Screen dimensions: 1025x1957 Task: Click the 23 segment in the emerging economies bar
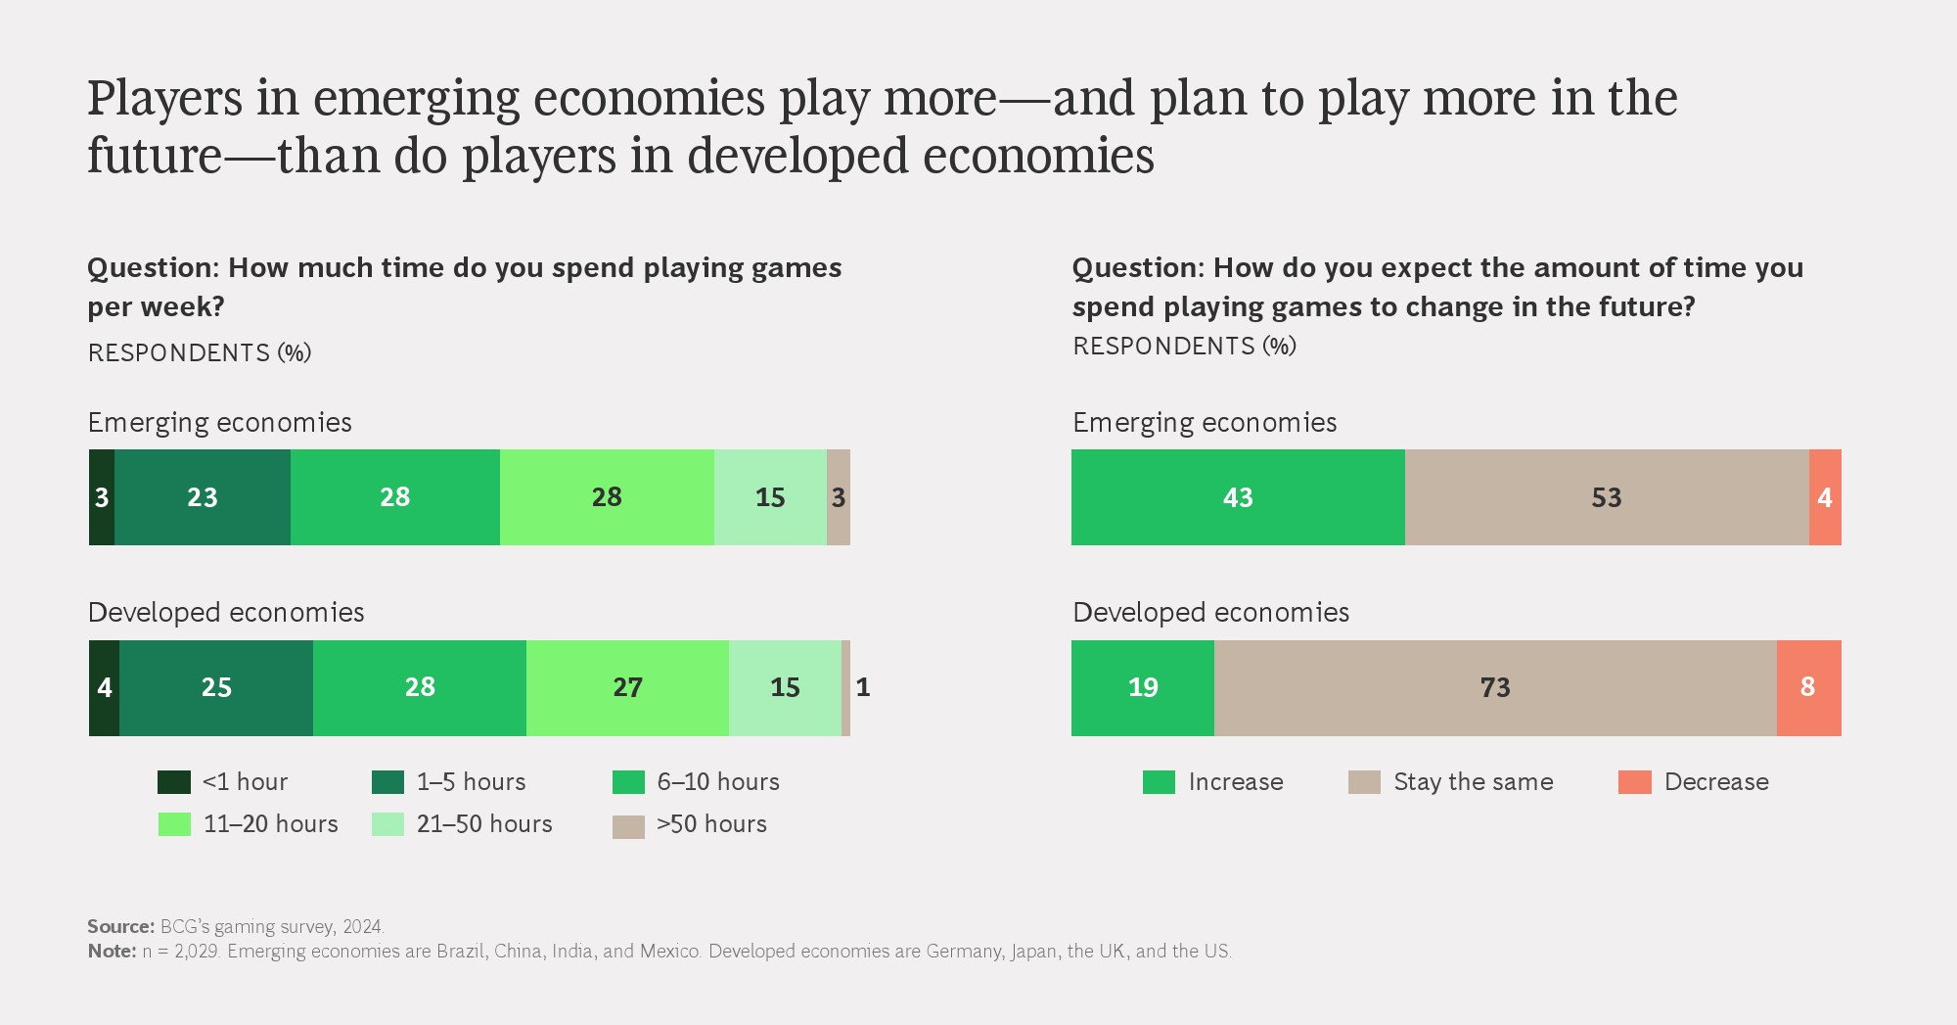203,497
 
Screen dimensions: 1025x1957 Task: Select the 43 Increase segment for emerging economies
1238,497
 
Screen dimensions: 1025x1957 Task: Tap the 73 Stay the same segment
1495,687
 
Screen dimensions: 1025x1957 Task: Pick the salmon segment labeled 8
1808,687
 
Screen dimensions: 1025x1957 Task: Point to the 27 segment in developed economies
627,687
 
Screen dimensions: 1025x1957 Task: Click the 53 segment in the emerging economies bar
1607,497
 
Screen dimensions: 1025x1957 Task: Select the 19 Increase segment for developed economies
1143,687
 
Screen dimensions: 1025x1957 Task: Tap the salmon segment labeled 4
1825,497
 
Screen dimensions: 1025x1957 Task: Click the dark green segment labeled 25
216,687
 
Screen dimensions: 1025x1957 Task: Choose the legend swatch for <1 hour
174,782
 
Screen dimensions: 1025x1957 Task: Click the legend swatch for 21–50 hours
387,824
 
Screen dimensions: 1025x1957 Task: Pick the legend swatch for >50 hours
628,826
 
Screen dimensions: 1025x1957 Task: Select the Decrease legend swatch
1634,782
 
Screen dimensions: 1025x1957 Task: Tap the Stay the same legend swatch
1364,782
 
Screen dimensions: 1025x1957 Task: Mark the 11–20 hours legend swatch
174,824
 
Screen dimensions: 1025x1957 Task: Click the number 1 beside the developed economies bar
862,687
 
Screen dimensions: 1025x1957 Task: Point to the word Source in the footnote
120,926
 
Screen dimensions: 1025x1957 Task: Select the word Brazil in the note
461,951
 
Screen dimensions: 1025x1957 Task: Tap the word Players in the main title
164,99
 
